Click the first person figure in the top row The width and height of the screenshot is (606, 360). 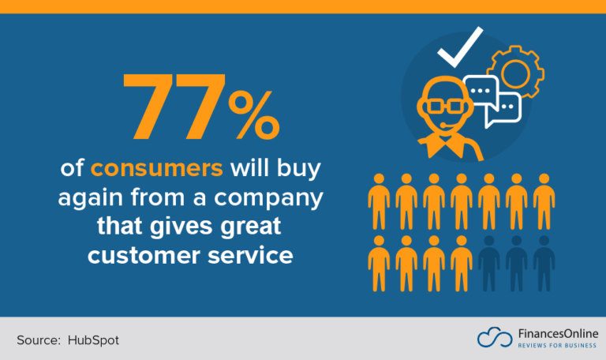click(379, 202)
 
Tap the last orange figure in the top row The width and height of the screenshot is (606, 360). click(544, 202)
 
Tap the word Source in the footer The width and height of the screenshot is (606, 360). click(38, 339)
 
